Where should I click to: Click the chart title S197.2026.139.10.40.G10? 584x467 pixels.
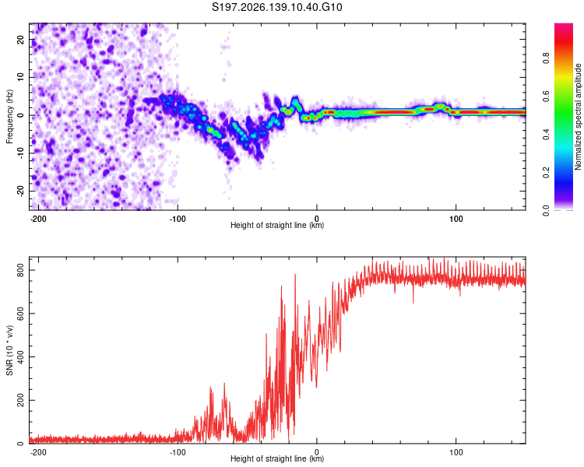(276, 7)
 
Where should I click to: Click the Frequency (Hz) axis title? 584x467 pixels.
(9, 117)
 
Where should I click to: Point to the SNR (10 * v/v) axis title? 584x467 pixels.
(9, 350)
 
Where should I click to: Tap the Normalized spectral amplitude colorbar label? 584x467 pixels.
(578, 117)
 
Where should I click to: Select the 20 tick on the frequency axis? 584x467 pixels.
(20, 40)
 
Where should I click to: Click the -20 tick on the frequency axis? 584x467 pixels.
(20, 191)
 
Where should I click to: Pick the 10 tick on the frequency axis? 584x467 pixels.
(20, 78)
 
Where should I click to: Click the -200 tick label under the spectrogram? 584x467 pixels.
(38, 219)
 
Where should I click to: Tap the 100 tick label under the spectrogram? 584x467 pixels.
(456, 219)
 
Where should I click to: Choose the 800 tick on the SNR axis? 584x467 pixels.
(20, 270)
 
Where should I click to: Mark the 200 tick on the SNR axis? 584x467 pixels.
(20, 400)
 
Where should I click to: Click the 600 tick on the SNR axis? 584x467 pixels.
(20, 314)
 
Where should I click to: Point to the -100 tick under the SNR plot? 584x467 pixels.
(178, 452)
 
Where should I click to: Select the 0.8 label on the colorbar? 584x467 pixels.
(546, 58)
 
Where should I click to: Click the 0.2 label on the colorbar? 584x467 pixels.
(546, 173)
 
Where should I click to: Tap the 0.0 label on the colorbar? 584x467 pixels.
(546, 211)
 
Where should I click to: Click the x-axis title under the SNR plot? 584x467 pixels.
(277, 458)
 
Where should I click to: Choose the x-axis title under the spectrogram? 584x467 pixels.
(277, 225)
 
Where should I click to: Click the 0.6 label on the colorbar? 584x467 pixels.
(546, 96)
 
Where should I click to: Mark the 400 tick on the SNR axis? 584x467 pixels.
(20, 356)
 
